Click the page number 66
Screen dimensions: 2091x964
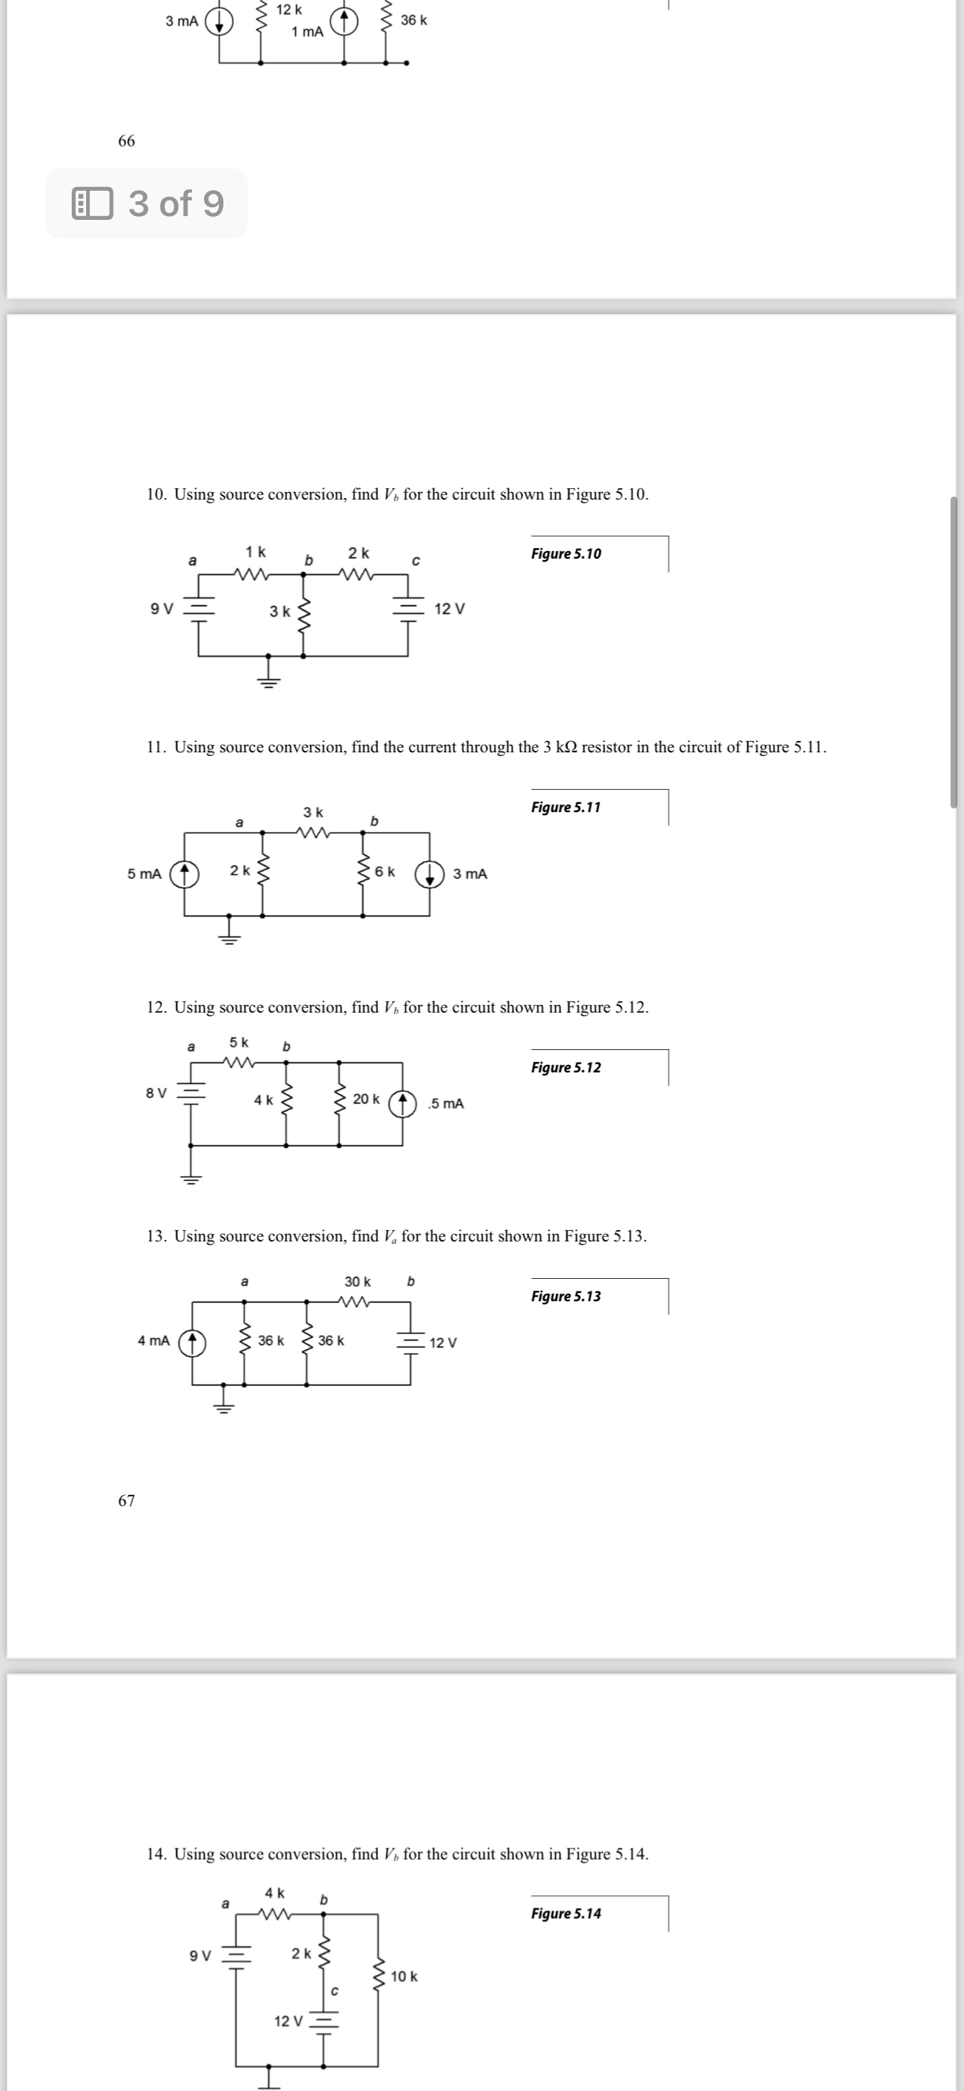coord(126,141)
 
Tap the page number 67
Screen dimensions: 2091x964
coord(126,1500)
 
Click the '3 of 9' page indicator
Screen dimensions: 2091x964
coord(147,203)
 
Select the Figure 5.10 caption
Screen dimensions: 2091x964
coord(566,553)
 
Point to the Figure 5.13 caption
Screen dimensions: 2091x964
coord(566,1296)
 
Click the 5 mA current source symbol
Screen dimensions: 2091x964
coord(184,874)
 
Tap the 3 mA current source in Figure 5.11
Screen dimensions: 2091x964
coord(429,874)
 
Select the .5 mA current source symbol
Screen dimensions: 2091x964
coord(403,1104)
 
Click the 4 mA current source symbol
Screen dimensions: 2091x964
coord(192,1342)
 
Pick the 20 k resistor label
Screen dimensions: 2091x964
coord(366,1099)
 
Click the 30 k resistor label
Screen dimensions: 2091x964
coord(357,1282)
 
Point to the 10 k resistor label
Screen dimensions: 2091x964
coord(404,1977)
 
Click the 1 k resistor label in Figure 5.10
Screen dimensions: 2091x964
coord(256,552)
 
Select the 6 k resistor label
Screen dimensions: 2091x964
coord(386,872)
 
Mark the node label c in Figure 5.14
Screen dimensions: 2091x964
coord(333,1990)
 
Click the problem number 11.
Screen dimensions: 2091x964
coord(155,747)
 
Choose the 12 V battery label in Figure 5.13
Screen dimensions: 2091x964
coord(443,1342)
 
